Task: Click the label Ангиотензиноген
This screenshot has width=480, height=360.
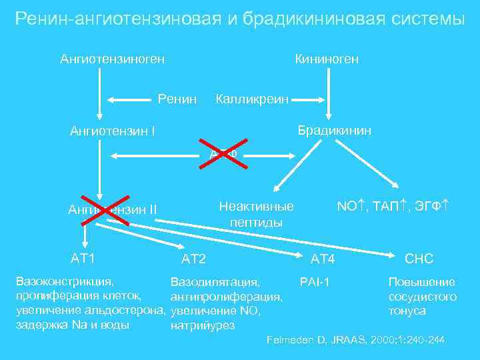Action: pyautogui.click(x=113, y=59)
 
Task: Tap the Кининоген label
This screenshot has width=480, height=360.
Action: pyautogui.click(x=327, y=59)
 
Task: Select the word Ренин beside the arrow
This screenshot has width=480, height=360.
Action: pyautogui.click(x=177, y=99)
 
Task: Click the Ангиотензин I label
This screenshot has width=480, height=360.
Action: pyautogui.click(x=113, y=131)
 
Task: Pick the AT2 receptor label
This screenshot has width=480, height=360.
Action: pyautogui.click(x=194, y=259)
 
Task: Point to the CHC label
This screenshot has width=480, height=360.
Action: pyautogui.click(x=419, y=259)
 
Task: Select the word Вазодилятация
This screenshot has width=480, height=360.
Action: pyautogui.click(x=215, y=283)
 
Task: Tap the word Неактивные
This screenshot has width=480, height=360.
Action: pyautogui.click(x=257, y=207)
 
